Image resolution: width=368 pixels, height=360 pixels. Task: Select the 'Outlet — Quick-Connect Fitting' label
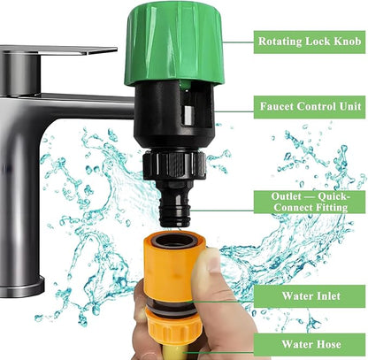pos(310,202)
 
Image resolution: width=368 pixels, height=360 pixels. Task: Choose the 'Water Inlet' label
pos(310,295)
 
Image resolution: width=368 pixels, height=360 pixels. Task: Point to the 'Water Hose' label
pos(310,344)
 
